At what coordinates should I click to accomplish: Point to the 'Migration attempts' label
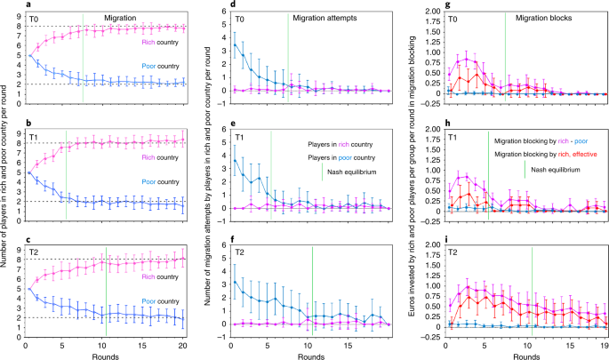pos(325,18)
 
